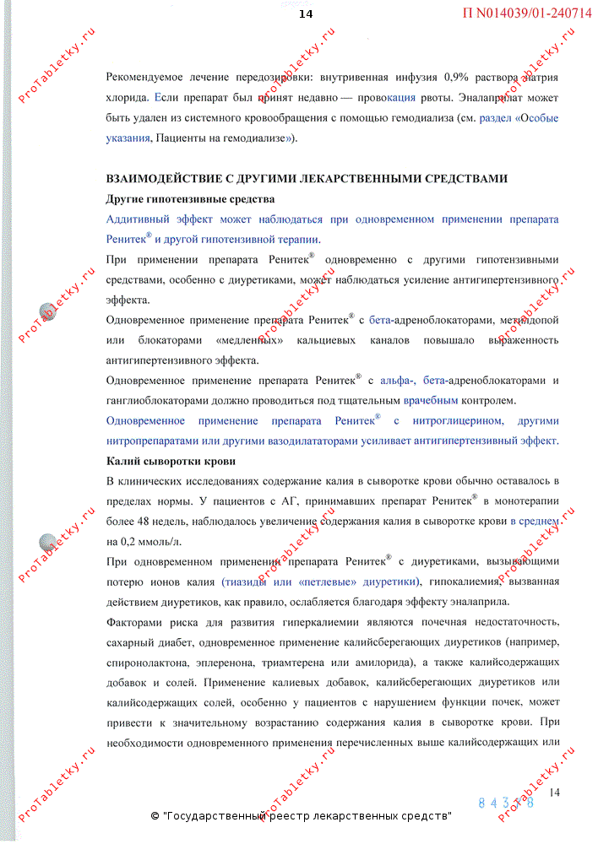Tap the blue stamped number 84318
coord(507,803)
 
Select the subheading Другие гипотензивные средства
coord(190,199)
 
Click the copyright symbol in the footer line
coord(155,817)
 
